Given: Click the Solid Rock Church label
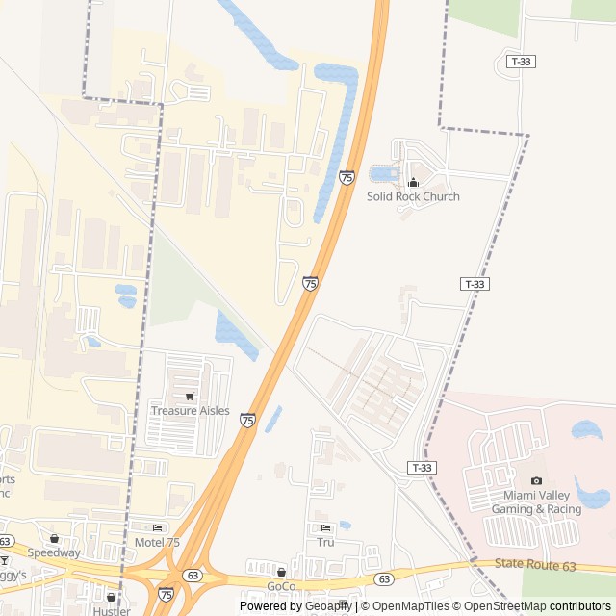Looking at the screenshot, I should point(413,196).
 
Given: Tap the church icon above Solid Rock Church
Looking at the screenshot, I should point(414,182).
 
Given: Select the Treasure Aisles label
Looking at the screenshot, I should point(191,411).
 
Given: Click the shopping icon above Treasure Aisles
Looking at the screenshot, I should point(190,397).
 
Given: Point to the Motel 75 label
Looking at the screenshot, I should point(157,542).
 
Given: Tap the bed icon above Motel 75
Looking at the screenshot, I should point(157,528).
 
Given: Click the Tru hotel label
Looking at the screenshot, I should point(325,542).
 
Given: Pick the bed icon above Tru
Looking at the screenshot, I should point(325,528).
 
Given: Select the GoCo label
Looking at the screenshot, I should point(281,586).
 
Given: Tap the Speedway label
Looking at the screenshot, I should point(54,553).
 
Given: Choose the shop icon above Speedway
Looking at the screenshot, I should point(54,539).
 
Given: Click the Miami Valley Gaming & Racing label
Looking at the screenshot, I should point(536,501).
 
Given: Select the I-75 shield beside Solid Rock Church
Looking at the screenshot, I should point(346,177).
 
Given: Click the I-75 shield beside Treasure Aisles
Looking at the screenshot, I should point(248,421).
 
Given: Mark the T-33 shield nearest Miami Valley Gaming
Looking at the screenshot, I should point(421,468).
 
